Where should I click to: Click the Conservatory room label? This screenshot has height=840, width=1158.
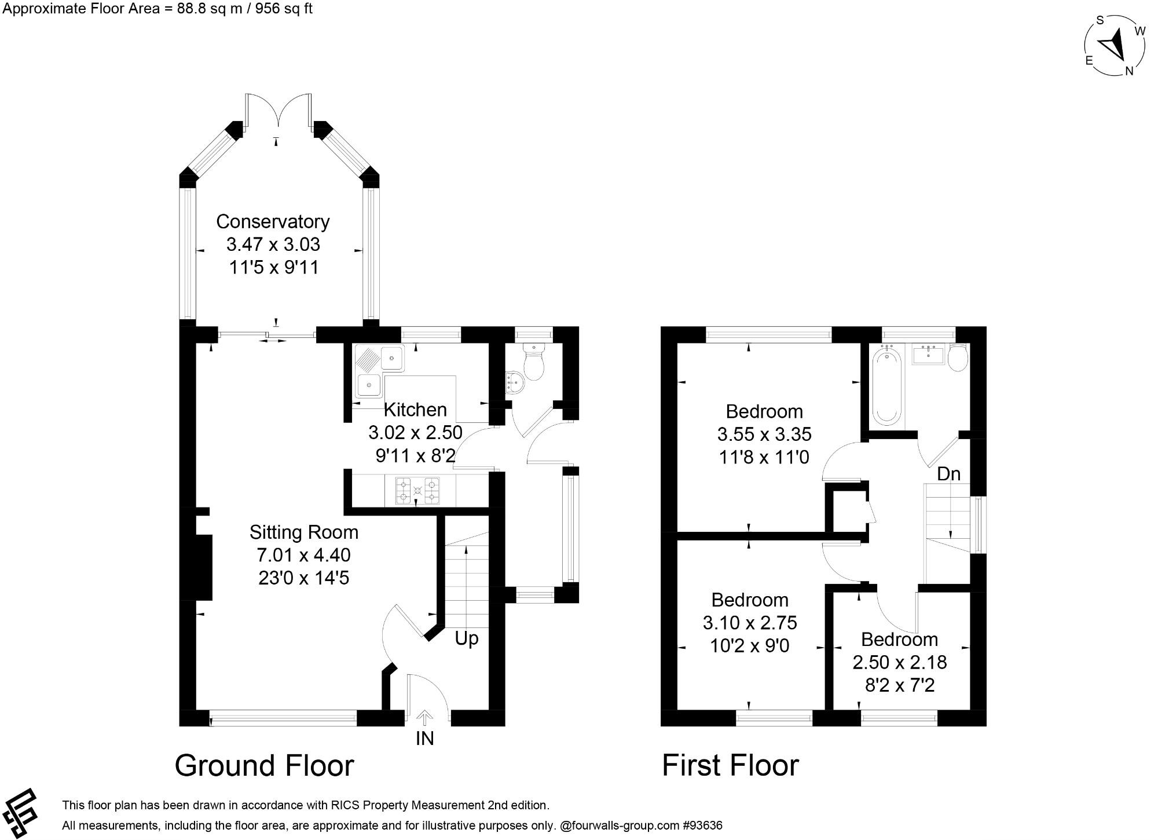click(273, 222)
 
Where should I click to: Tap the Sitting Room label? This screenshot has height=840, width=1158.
click(303, 532)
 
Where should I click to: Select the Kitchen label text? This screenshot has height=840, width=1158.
click(415, 410)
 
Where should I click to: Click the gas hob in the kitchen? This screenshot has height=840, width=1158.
click(417, 491)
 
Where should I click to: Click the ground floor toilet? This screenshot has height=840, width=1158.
click(533, 361)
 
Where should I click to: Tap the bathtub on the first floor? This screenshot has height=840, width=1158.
click(886, 386)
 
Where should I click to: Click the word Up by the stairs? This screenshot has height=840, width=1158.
click(466, 638)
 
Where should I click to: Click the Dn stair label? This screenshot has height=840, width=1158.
click(948, 474)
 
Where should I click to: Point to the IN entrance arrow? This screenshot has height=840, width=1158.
click(424, 719)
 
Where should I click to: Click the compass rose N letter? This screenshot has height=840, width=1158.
click(1128, 71)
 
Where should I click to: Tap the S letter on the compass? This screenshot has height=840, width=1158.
click(1100, 20)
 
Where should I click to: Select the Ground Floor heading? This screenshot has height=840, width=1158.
click(264, 765)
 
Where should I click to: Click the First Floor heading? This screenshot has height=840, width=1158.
click(730, 765)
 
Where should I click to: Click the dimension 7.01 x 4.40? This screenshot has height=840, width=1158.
click(303, 555)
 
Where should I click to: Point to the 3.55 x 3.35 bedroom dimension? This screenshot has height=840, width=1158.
click(764, 434)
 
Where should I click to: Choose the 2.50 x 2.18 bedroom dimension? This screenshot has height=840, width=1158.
click(899, 662)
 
